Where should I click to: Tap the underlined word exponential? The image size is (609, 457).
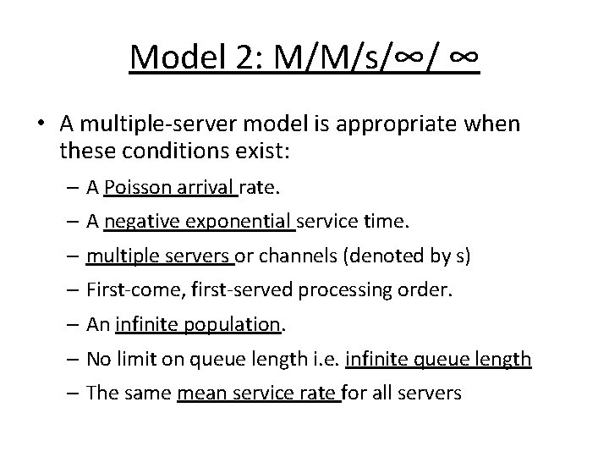click(x=238, y=222)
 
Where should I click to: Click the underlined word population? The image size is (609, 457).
click(x=241, y=325)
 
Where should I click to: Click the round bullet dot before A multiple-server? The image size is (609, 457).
click(x=42, y=124)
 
